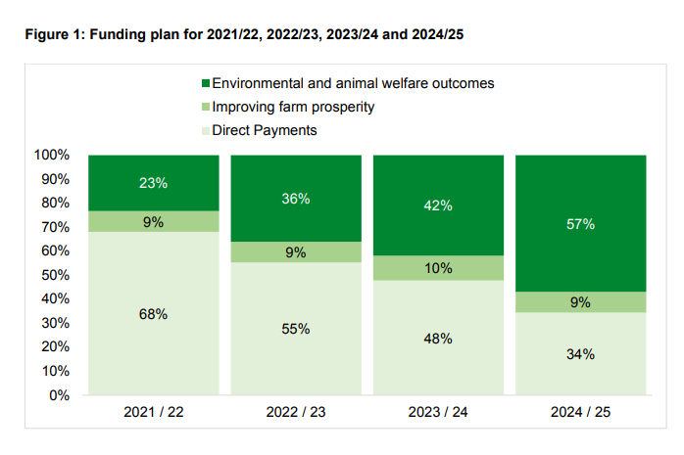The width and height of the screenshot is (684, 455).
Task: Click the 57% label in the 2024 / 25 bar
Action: [x=580, y=224]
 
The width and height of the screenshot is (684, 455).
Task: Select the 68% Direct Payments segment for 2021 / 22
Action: [x=153, y=314]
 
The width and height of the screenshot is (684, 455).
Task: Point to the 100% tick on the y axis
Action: [x=51, y=156]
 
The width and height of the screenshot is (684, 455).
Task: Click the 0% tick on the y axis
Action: [x=59, y=396]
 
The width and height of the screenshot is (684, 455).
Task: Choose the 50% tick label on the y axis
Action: [x=55, y=276]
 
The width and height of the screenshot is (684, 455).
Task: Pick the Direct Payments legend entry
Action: [x=264, y=130]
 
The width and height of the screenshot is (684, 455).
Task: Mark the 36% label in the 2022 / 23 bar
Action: [x=295, y=199]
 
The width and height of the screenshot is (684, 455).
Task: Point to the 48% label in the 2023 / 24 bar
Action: [x=438, y=339]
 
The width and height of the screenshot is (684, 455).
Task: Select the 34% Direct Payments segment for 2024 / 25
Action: [x=580, y=354]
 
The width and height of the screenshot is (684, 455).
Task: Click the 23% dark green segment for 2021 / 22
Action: [x=153, y=183]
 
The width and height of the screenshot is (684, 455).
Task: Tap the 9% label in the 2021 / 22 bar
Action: [x=153, y=222]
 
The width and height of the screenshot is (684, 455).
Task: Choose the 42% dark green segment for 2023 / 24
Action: [x=438, y=205]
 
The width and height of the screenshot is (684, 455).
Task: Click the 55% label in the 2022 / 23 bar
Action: [x=295, y=330]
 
